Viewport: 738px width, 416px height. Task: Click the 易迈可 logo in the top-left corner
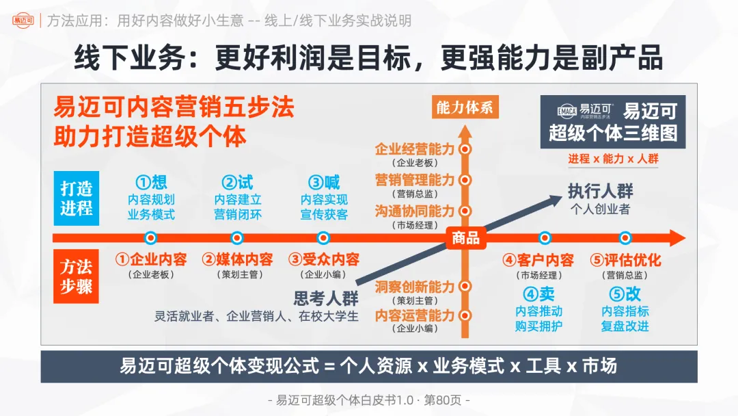(x=23, y=21)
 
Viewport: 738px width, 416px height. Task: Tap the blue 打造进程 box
(x=76, y=198)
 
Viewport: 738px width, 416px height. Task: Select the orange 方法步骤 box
(x=76, y=276)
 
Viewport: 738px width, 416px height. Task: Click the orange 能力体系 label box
(x=464, y=108)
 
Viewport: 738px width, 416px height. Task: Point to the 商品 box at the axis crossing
(x=465, y=238)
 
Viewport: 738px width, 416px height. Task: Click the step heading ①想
(x=151, y=182)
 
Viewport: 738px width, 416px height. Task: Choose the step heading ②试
(x=237, y=182)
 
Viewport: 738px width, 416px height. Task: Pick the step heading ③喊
(x=324, y=182)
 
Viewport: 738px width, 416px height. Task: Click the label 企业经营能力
(x=414, y=148)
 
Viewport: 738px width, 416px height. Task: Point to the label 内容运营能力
(x=414, y=315)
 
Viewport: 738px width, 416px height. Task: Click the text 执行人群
(x=600, y=192)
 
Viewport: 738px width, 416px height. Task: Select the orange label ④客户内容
(x=538, y=260)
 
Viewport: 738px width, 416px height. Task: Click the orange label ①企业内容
(x=151, y=260)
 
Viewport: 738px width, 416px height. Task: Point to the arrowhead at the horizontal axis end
(x=676, y=238)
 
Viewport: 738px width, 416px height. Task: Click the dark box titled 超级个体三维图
(x=612, y=122)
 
